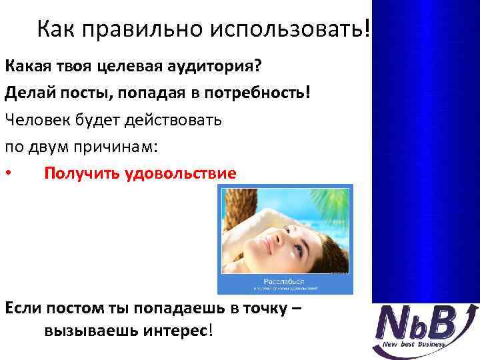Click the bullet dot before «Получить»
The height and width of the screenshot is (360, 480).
click(8, 174)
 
